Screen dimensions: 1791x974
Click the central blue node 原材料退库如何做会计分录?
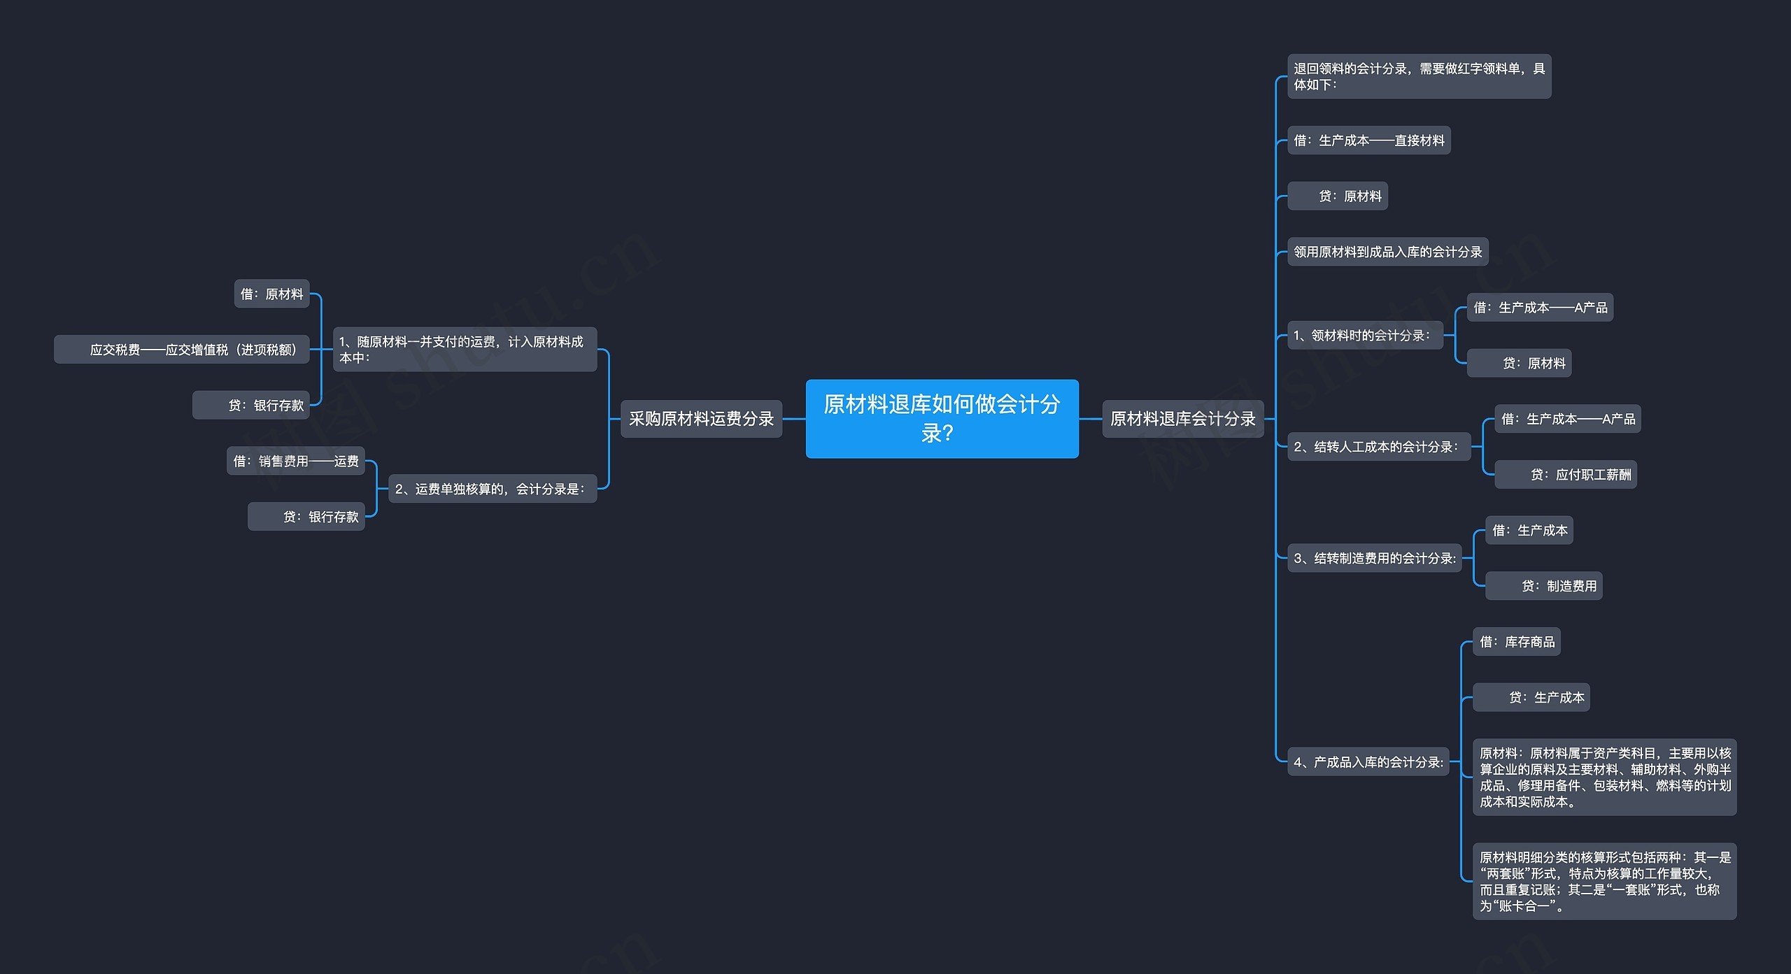coord(942,418)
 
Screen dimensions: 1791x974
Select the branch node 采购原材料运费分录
coord(701,418)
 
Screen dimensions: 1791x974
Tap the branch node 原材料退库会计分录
coord(1182,418)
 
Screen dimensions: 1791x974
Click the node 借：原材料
coord(271,294)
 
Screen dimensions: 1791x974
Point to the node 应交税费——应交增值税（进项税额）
coord(182,349)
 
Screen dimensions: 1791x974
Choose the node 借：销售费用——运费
coord(295,461)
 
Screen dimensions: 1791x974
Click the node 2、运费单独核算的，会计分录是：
coord(492,489)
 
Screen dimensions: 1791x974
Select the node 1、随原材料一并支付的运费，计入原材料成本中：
coord(465,349)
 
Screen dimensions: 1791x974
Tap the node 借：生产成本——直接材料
coord(1368,141)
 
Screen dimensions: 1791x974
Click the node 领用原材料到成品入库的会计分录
coord(1387,252)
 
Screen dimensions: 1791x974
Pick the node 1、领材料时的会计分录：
coord(1364,335)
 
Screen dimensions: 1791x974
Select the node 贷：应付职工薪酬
coord(1565,475)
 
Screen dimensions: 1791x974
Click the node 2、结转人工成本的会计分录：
coord(1378,446)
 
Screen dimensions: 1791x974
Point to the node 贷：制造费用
coord(1543,586)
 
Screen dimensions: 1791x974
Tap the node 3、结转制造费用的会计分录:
coord(1374,558)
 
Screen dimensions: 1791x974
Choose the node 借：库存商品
coord(1516,641)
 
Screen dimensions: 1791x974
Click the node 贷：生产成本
coord(1531,697)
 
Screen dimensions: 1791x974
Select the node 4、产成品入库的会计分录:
coord(1368,761)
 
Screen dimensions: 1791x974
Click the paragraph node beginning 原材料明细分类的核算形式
coord(1604,881)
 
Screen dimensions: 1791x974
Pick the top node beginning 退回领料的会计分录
coord(1419,76)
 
